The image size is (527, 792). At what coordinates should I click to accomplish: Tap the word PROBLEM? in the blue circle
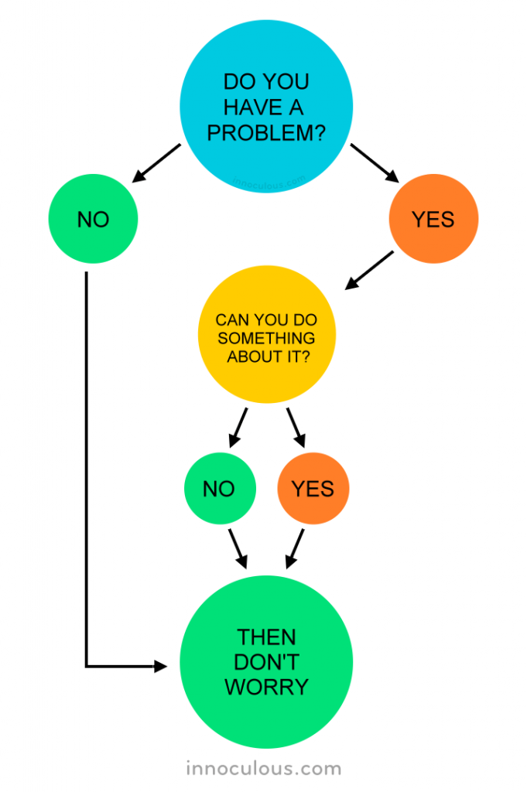point(265,133)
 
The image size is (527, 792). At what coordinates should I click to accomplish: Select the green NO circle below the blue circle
point(93,220)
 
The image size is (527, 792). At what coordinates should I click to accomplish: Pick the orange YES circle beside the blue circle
point(433,220)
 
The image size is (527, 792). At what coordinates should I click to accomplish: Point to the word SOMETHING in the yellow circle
point(266,338)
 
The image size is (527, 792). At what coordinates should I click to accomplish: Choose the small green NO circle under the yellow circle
point(219,489)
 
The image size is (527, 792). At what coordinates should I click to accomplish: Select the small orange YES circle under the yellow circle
point(313,489)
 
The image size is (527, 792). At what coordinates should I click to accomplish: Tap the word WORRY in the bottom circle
point(266,686)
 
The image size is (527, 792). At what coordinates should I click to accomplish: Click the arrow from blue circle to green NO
point(156,163)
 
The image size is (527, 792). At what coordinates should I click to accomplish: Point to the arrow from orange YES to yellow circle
point(369,271)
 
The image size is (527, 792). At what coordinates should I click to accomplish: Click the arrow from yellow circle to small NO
point(238,427)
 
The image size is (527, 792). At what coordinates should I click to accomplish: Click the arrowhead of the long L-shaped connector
point(160,666)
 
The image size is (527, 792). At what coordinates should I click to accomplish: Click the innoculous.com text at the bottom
point(263,769)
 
